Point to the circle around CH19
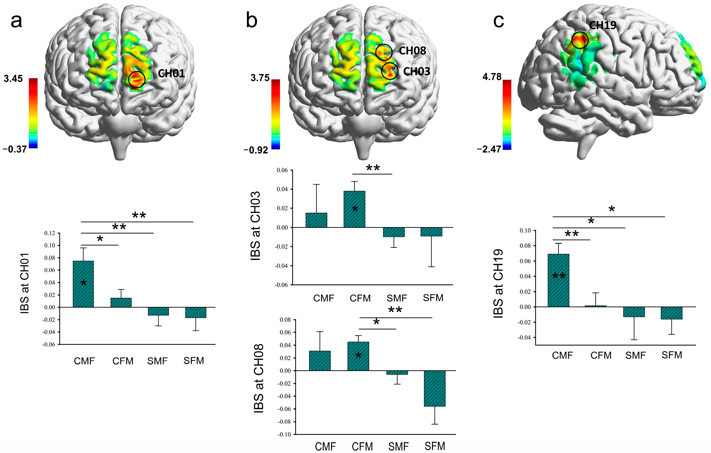(x=580, y=40)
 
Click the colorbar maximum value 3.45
(x=13, y=79)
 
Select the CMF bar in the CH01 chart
(x=83, y=284)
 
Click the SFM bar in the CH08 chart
(x=434, y=388)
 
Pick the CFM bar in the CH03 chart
(x=354, y=209)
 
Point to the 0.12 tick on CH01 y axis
(x=50, y=233)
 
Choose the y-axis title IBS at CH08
(x=259, y=379)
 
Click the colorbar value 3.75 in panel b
(x=260, y=78)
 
